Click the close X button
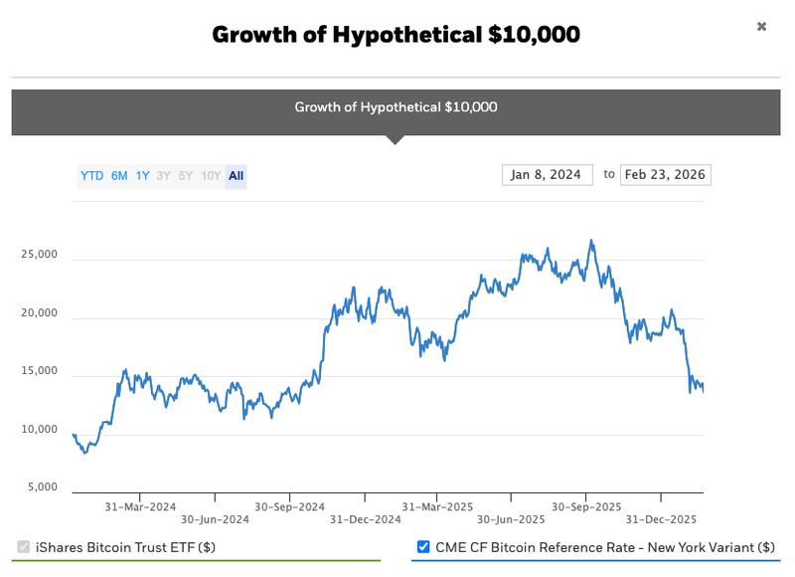point(761,26)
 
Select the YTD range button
point(91,176)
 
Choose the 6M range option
point(119,176)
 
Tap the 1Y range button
point(143,176)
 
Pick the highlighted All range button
point(236,176)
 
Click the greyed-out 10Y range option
point(211,176)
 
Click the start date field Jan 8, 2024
point(547,175)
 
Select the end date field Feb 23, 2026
point(665,175)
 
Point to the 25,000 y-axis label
point(39,255)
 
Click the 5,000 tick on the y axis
point(42,487)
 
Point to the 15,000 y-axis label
point(39,371)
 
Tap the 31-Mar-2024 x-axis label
point(140,505)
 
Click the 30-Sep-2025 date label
point(586,505)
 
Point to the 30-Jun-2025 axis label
point(511,519)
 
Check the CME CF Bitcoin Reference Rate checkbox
point(424,547)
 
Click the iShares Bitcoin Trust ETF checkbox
point(23,547)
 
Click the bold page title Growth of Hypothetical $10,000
point(396,35)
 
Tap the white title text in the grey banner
point(396,107)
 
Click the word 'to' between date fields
point(609,175)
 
